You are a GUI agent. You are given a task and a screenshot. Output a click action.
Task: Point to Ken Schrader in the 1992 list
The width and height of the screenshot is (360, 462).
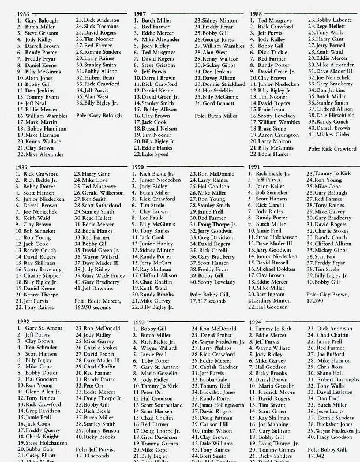pyautogui.click(x=40, y=348)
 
